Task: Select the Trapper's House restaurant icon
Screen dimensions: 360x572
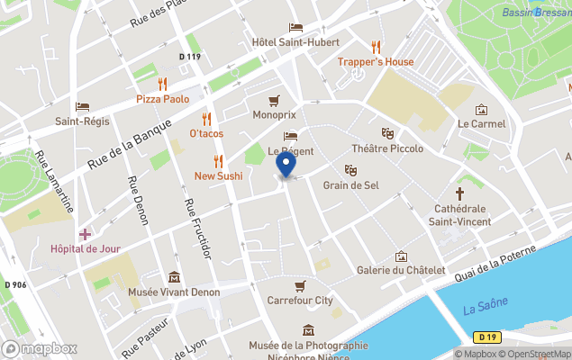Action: (x=376, y=47)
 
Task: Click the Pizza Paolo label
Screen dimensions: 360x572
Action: (x=162, y=99)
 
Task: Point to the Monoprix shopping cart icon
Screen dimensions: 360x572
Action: (x=273, y=100)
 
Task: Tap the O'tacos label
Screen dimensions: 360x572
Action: (x=206, y=133)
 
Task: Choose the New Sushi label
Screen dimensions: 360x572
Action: (x=218, y=175)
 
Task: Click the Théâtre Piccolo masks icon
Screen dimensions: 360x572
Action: (x=387, y=133)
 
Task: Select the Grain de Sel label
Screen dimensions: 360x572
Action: (x=351, y=185)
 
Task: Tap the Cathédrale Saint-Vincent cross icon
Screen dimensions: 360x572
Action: (x=459, y=193)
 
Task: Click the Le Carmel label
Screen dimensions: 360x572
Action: (x=481, y=123)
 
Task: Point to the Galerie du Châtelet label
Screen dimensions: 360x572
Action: (x=401, y=270)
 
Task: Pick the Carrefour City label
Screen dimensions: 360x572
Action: (x=300, y=300)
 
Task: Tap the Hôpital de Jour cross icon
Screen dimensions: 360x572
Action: (x=85, y=234)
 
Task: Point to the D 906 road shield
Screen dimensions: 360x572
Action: (x=14, y=285)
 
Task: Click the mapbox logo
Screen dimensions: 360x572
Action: (x=41, y=348)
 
